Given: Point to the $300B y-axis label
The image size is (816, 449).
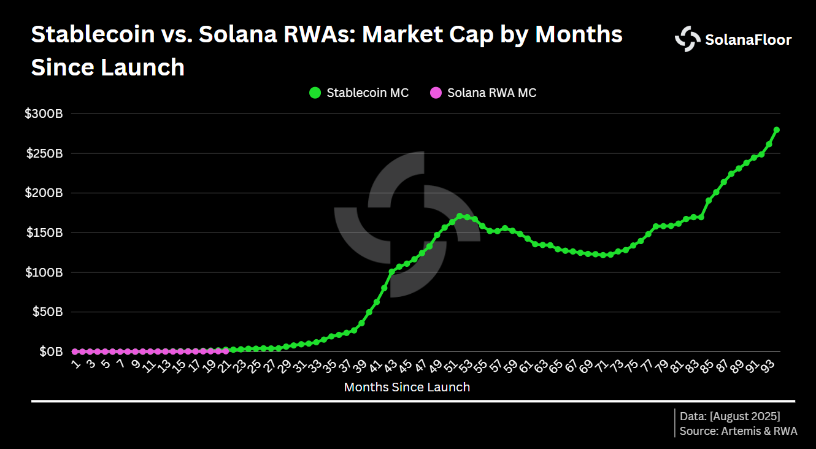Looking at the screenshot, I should (44, 114).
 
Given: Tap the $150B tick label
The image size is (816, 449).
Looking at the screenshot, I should (44, 233).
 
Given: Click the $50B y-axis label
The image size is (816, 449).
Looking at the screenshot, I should (47, 312).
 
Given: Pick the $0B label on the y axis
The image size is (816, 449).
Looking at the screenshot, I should (50, 351).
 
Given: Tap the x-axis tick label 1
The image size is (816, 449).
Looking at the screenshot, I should (75, 364).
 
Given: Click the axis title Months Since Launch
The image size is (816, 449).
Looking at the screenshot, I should (407, 387).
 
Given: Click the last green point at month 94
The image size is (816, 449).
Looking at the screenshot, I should (776, 130).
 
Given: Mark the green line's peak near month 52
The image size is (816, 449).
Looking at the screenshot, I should (460, 216).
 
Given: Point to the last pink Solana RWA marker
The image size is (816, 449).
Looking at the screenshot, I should (226, 351).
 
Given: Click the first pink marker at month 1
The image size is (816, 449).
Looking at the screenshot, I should (75, 351).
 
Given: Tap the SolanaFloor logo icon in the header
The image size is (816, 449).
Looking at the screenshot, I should (687, 39).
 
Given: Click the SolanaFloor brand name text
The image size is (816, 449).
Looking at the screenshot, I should (749, 40).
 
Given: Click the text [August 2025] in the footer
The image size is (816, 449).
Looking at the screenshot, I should (745, 416).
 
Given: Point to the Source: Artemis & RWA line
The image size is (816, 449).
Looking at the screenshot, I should (738, 431).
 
